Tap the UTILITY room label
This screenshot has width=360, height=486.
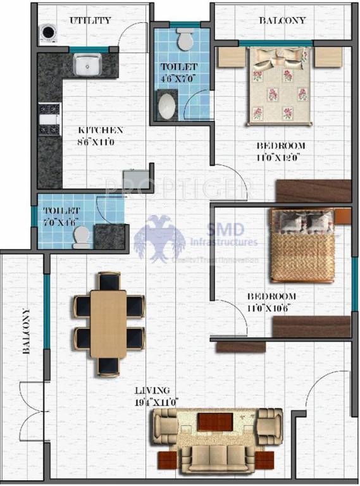(90, 20)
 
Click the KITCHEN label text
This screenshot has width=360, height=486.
(100, 130)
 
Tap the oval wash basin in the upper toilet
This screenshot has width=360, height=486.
(166, 106)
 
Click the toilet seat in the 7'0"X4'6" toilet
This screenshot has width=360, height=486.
(81, 237)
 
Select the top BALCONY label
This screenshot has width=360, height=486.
(282, 20)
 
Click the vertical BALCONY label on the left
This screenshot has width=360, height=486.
(26, 333)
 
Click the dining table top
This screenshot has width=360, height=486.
(108, 323)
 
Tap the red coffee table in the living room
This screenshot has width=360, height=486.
(214, 422)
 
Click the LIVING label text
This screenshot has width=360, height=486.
(152, 390)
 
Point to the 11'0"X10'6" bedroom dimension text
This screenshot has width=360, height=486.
(271, 308)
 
